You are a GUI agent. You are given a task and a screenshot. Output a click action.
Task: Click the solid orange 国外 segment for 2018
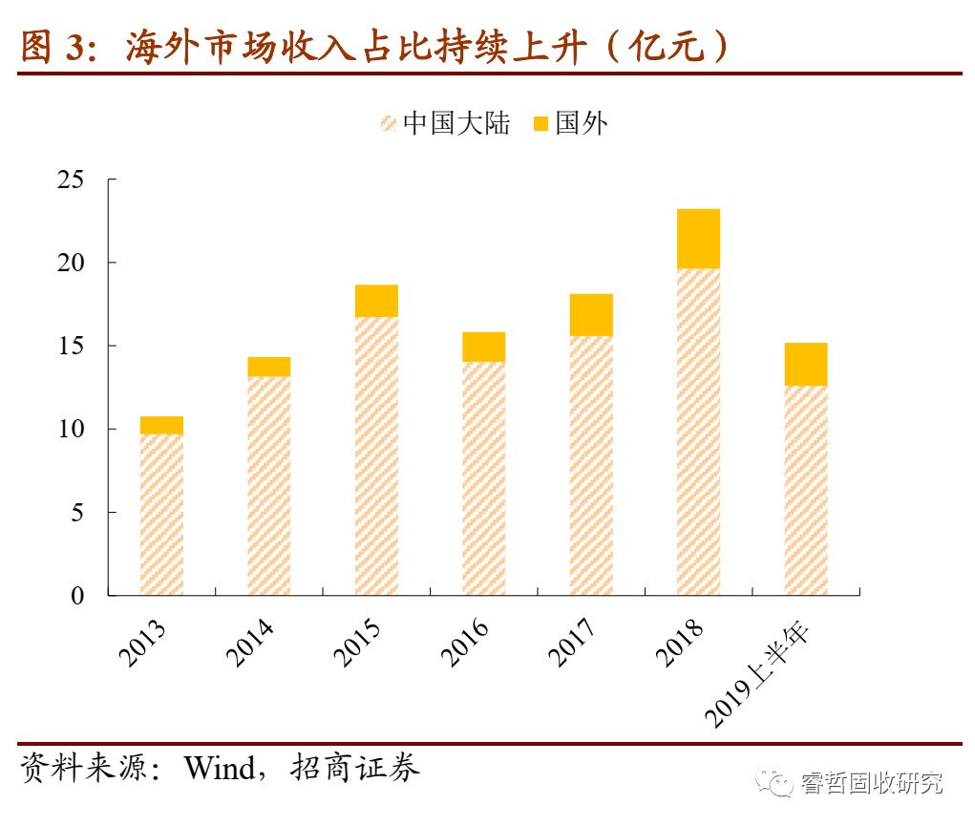pos(698,239)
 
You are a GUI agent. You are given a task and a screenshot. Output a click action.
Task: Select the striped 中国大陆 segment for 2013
pos(161,515)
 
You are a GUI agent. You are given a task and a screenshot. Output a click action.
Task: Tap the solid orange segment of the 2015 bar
pos(376,301)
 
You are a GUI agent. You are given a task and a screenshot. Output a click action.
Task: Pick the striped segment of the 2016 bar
pos(483,478)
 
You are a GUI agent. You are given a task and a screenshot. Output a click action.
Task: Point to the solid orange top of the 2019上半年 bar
pos(805,364)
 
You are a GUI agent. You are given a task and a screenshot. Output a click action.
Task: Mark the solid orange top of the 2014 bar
pos(268,367)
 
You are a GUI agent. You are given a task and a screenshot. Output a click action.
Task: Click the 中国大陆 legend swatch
pos(389,123)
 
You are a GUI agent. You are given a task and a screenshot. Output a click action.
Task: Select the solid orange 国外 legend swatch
pos(540,123)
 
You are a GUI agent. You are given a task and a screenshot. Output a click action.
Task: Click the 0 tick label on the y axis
pos(77,595)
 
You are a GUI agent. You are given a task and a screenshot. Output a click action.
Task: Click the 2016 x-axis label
pos(464,643)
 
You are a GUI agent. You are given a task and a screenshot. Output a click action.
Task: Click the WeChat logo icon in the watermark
pos(775,783)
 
